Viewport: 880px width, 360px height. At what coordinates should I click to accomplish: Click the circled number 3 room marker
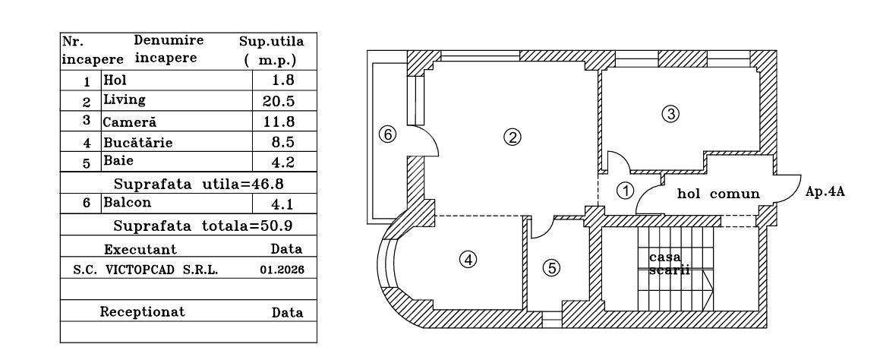pos(670,114)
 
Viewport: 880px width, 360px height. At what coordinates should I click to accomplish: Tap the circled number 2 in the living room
pos(512,137)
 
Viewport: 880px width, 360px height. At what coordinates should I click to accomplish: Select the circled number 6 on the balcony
pos(388,134)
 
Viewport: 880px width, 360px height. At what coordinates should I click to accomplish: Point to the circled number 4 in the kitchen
pos(468,260)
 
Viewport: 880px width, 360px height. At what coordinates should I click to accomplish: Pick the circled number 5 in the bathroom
pos(552,268)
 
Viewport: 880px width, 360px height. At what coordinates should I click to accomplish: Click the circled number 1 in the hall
pos(625,191)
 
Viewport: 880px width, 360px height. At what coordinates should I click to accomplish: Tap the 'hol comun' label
pos(718,194)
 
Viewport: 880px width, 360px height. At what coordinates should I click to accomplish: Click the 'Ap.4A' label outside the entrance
pos(825,191)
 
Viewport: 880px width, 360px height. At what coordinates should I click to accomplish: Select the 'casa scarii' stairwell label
pos(669,264)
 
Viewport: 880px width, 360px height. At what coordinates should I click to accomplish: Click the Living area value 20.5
pos(279,101)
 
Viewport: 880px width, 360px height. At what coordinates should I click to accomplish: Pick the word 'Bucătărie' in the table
pos(138,142)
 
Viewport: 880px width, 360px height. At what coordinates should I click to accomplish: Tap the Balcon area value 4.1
pos(282,204)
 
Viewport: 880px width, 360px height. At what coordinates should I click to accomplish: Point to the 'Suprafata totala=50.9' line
pos(203,226)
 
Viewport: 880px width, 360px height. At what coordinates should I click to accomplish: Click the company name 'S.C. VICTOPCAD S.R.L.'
pos(146,270)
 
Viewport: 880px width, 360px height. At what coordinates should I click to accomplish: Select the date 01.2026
pos(282,270)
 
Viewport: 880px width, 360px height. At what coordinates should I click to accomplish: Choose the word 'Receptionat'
pos(142,311)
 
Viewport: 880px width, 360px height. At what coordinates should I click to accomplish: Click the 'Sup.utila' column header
pos(272,42)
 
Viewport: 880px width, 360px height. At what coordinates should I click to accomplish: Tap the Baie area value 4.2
pos(282,163)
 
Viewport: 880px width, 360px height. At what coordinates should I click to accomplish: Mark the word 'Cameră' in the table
pos(130,122)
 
